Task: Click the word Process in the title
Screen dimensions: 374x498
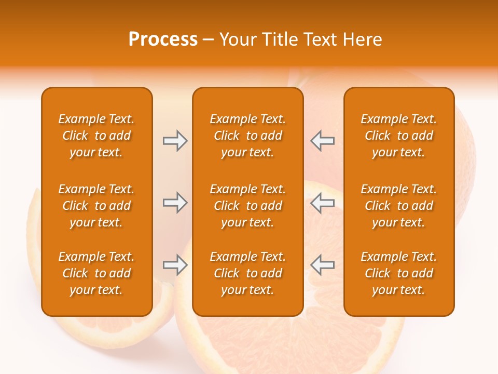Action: [x=163, y=39]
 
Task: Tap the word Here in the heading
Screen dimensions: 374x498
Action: [x=363, y=39]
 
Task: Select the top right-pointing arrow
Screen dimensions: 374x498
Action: [x=175, y=141]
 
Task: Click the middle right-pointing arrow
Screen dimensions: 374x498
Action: [x=175, y=203]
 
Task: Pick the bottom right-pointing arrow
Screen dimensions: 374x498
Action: [x=175, y=265]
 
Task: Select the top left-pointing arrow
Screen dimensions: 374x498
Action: [x=322, y=141]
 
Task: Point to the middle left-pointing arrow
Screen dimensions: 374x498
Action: [x=322, y=203]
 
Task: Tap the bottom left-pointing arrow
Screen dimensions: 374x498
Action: [x=322, y=265]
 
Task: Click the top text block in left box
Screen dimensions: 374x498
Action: [x=96, y=136]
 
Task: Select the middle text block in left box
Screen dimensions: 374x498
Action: [x=96, y=206]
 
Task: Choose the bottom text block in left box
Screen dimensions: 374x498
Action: [x=96, y=273]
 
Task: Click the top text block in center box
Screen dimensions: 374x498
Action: [x=247, y=136]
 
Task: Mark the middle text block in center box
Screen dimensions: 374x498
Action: [x=247, y=206]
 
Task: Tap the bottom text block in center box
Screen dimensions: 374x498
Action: [x=247, y=273]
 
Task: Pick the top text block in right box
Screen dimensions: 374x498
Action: [x=398, y=136]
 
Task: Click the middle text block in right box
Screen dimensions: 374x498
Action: [x=398, y=206]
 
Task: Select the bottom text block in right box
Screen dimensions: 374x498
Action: [x=398, y=273]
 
